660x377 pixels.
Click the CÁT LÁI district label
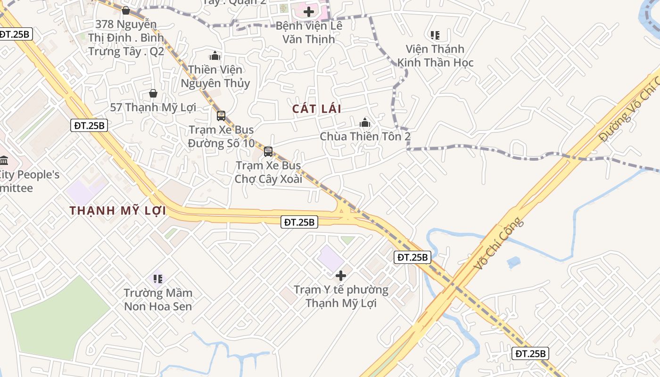pos(316,109)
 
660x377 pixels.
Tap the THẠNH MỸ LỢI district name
pos(118,211)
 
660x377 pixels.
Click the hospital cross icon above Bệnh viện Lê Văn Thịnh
pos(309,12)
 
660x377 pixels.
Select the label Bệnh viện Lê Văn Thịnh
pos(309,32)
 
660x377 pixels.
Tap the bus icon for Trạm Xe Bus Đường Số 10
pos(221,115)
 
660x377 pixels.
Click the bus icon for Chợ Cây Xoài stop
pos(268,152)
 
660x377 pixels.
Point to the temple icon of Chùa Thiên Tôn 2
pos(365,123)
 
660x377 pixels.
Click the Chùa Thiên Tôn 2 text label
pos(365,137)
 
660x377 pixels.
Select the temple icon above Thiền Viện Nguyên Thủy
pos(215,56)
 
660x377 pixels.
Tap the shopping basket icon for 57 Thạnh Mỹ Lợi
pos(153,93)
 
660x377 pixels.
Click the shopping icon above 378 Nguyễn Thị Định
pos(126,10)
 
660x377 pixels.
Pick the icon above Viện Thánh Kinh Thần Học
pos(435,35)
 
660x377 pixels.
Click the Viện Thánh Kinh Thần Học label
pos(435,56)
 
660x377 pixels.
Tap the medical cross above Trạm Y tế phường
pos(341,276)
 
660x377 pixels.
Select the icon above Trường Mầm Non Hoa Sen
pos(158,279)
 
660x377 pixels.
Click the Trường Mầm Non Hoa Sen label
pos(158,300)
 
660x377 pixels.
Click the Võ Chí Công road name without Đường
pos(498,244)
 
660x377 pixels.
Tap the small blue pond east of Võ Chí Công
pos(513,262)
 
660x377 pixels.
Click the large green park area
pos(57,318)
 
